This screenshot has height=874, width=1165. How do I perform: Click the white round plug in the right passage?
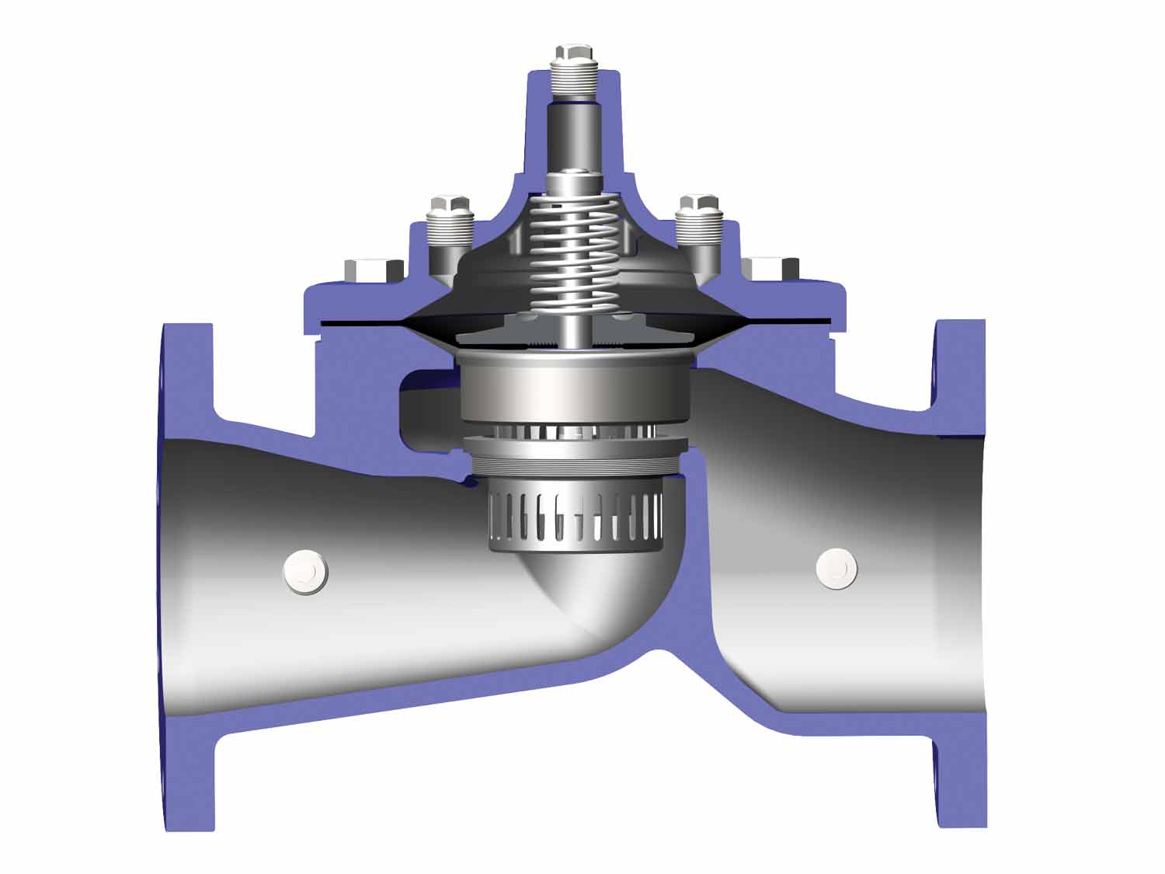pyautogui.click(x=837, y=569)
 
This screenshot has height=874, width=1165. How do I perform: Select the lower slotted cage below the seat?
pyautogui.click(x=575, y=517)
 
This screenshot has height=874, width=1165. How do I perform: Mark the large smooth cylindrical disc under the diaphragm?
pyautogui.click(x=575, y=388)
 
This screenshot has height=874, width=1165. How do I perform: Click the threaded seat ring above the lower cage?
pyautogui.click(x=575, y=458)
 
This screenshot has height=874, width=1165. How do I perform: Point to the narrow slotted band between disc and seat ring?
pyautogui.click(x=575, y=431)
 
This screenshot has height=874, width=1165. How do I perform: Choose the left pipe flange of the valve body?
pyautogui.click(x=186, y=575)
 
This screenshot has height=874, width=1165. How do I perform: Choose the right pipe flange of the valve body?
pyautogui.click(x=961, y=575)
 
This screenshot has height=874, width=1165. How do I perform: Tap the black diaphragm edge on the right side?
pyautogui.click(x=784, y=320)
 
